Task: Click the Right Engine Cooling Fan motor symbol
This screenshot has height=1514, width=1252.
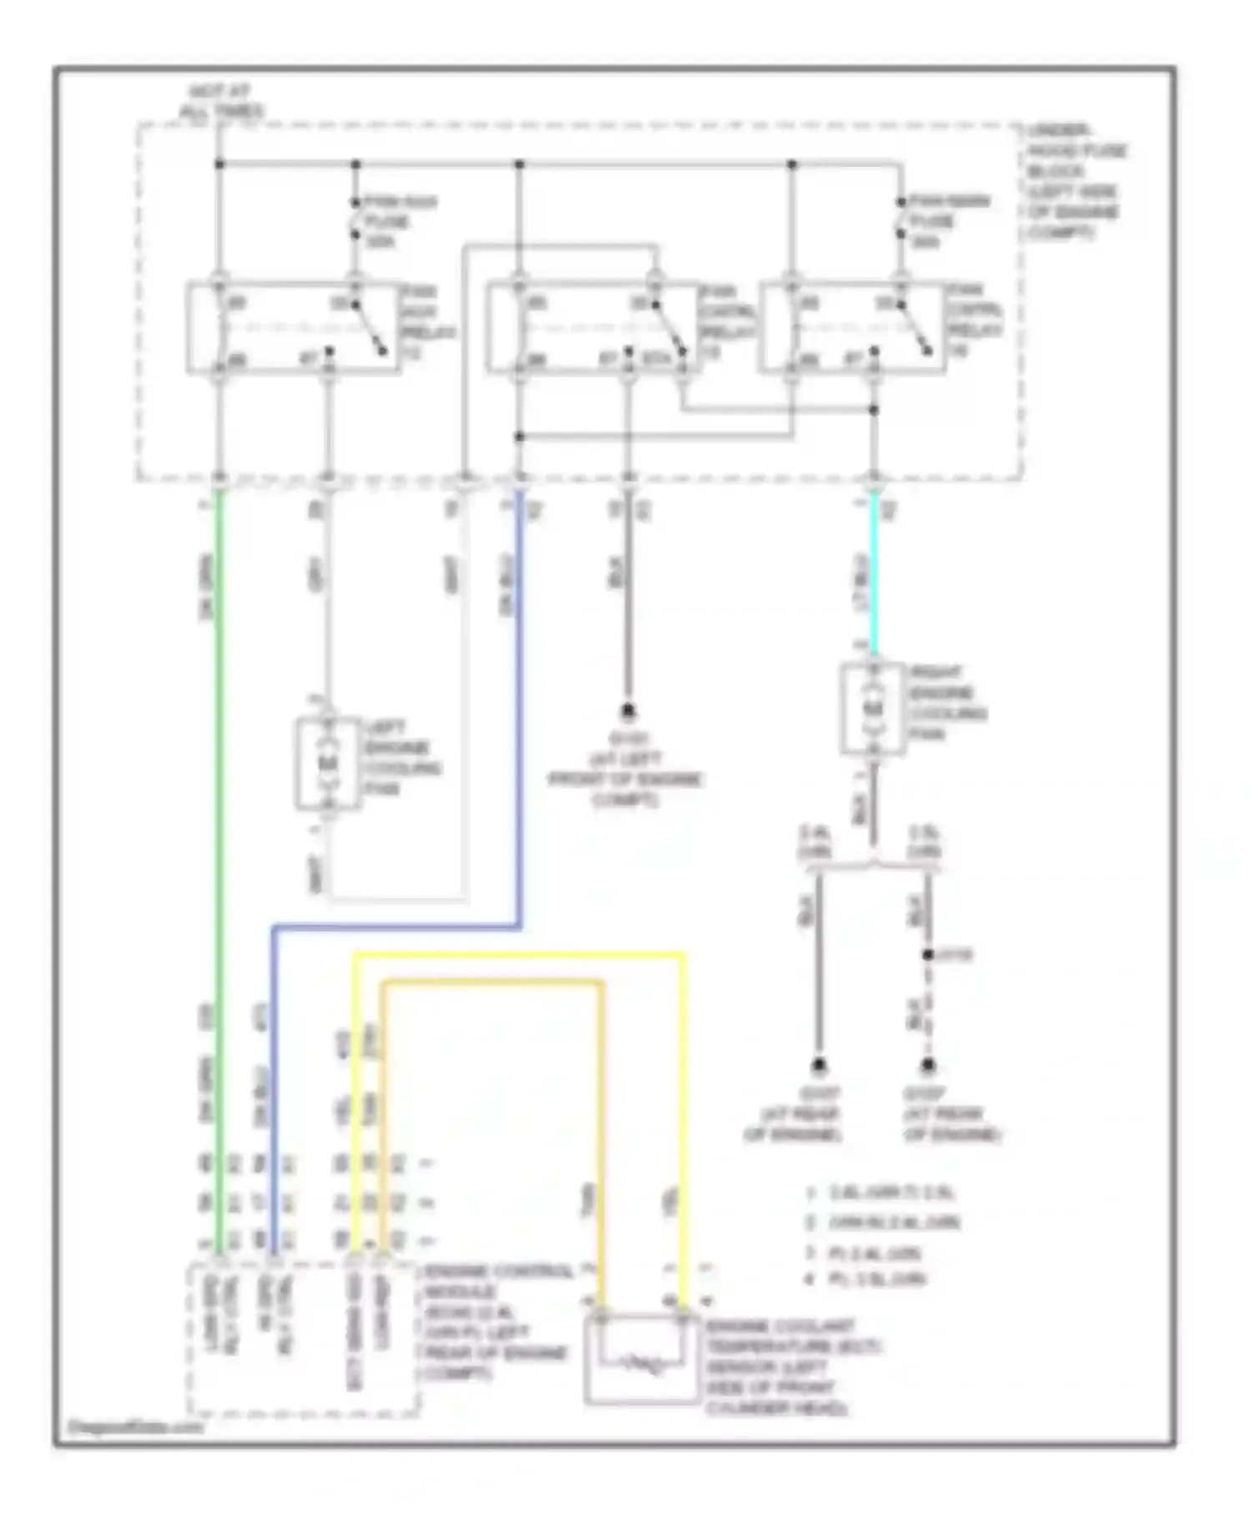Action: pyautogui.click(x=872, y=709)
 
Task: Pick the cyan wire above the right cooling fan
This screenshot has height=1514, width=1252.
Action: pyautogui.click(x=874, y=576)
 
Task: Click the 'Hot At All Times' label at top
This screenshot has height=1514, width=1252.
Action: pyautogui.click(x=220, y=101)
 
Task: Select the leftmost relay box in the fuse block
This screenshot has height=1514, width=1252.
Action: pyautogui.click(x=291, y=328)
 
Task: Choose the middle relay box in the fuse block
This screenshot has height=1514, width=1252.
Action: pyautogui.click(x=591, y=328)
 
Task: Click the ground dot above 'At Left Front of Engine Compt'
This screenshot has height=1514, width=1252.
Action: pyautogui.click(x=628, y=712)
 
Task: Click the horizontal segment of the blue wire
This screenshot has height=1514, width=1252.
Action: pyautogui.click(x=396, y=926)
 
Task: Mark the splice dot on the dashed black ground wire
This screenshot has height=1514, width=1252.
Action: pyautogui.click(x=927, y=955)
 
